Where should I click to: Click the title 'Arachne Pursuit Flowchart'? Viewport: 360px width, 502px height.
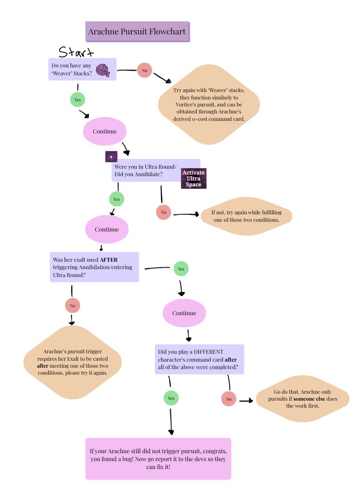pos(137,32)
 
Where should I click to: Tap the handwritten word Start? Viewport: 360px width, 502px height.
pos(76,52)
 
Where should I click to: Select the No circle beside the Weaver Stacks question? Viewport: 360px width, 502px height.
pos(144,70)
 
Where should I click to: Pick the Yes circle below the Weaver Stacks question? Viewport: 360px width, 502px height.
pos(77,99)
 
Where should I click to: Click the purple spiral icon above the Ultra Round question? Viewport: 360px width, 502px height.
pos(111,156)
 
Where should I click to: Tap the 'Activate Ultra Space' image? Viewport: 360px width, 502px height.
pos(193,178)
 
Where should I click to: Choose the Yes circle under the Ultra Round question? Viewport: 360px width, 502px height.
pos(117,199)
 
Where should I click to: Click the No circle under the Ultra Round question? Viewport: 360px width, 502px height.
pos(163,212)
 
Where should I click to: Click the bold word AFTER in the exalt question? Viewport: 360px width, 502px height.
pos(109,260)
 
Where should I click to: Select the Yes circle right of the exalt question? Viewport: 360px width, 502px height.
pos(181,269)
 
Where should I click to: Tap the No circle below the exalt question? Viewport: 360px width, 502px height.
pos(73,306)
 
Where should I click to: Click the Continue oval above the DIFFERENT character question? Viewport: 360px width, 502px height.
pos(184,313)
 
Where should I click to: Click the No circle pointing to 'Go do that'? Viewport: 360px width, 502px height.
pos(228,399)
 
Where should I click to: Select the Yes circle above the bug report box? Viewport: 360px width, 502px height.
pos(171,398)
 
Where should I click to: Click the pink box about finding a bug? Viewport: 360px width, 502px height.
pos(158,458)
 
